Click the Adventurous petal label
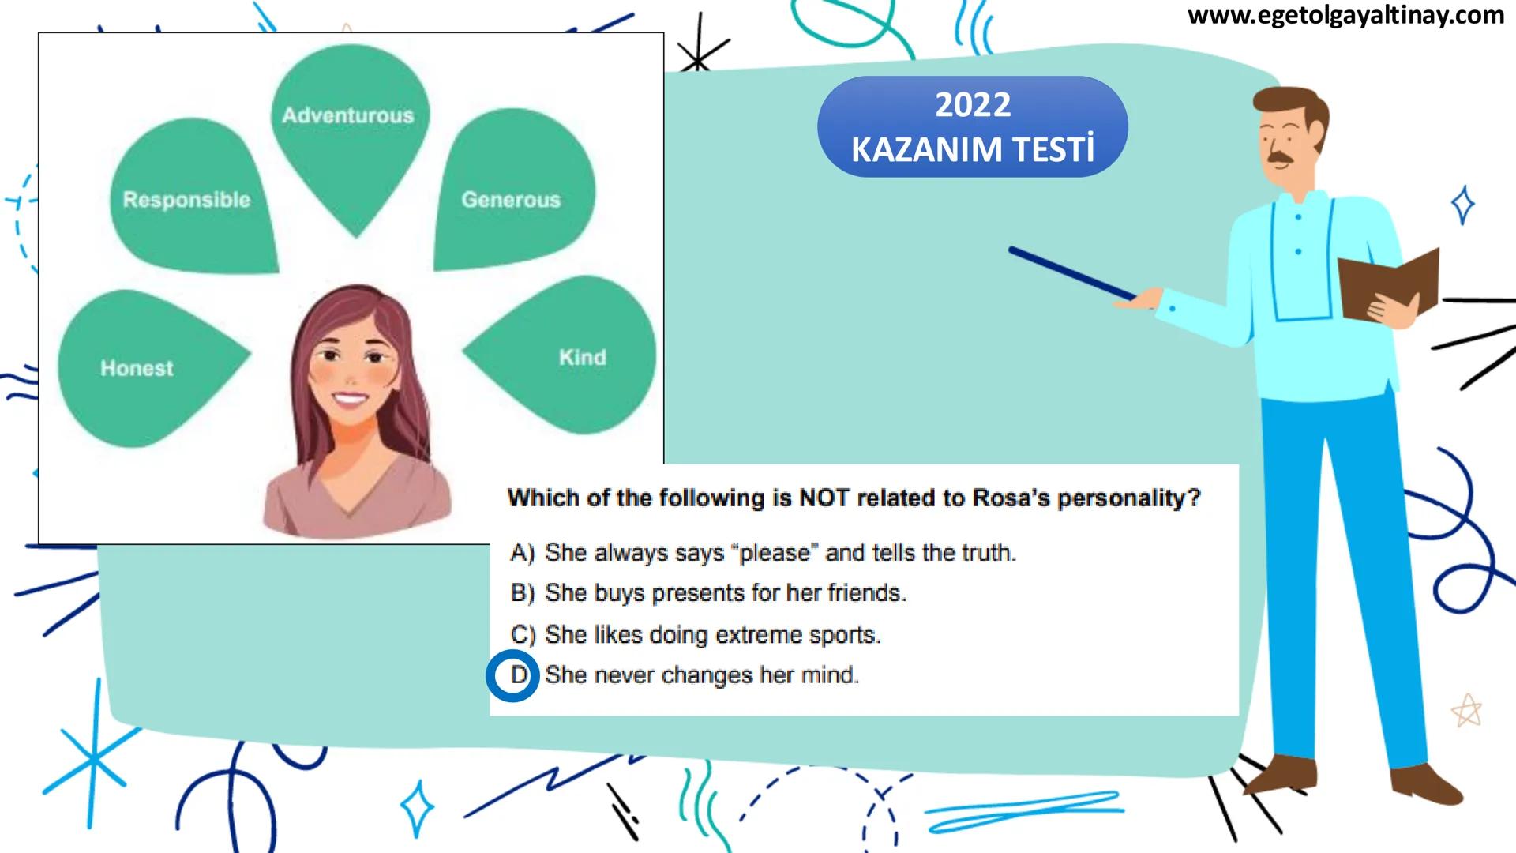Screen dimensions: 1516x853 click(348, 115)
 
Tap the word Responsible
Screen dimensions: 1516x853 click(186, 200)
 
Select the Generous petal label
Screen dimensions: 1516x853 click(511, 199)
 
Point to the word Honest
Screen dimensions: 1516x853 click(137, 368)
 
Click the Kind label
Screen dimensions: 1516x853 click(583, 357)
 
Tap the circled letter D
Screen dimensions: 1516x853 click(519, 675)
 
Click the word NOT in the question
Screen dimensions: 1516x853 click(825, 498)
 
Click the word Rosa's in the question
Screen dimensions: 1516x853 click(1011, 498)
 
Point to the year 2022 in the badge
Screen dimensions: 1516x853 click(973, 105)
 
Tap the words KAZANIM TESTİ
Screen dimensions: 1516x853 click(973, 149)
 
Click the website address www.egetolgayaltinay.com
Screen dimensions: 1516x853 click(1346, 16)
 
